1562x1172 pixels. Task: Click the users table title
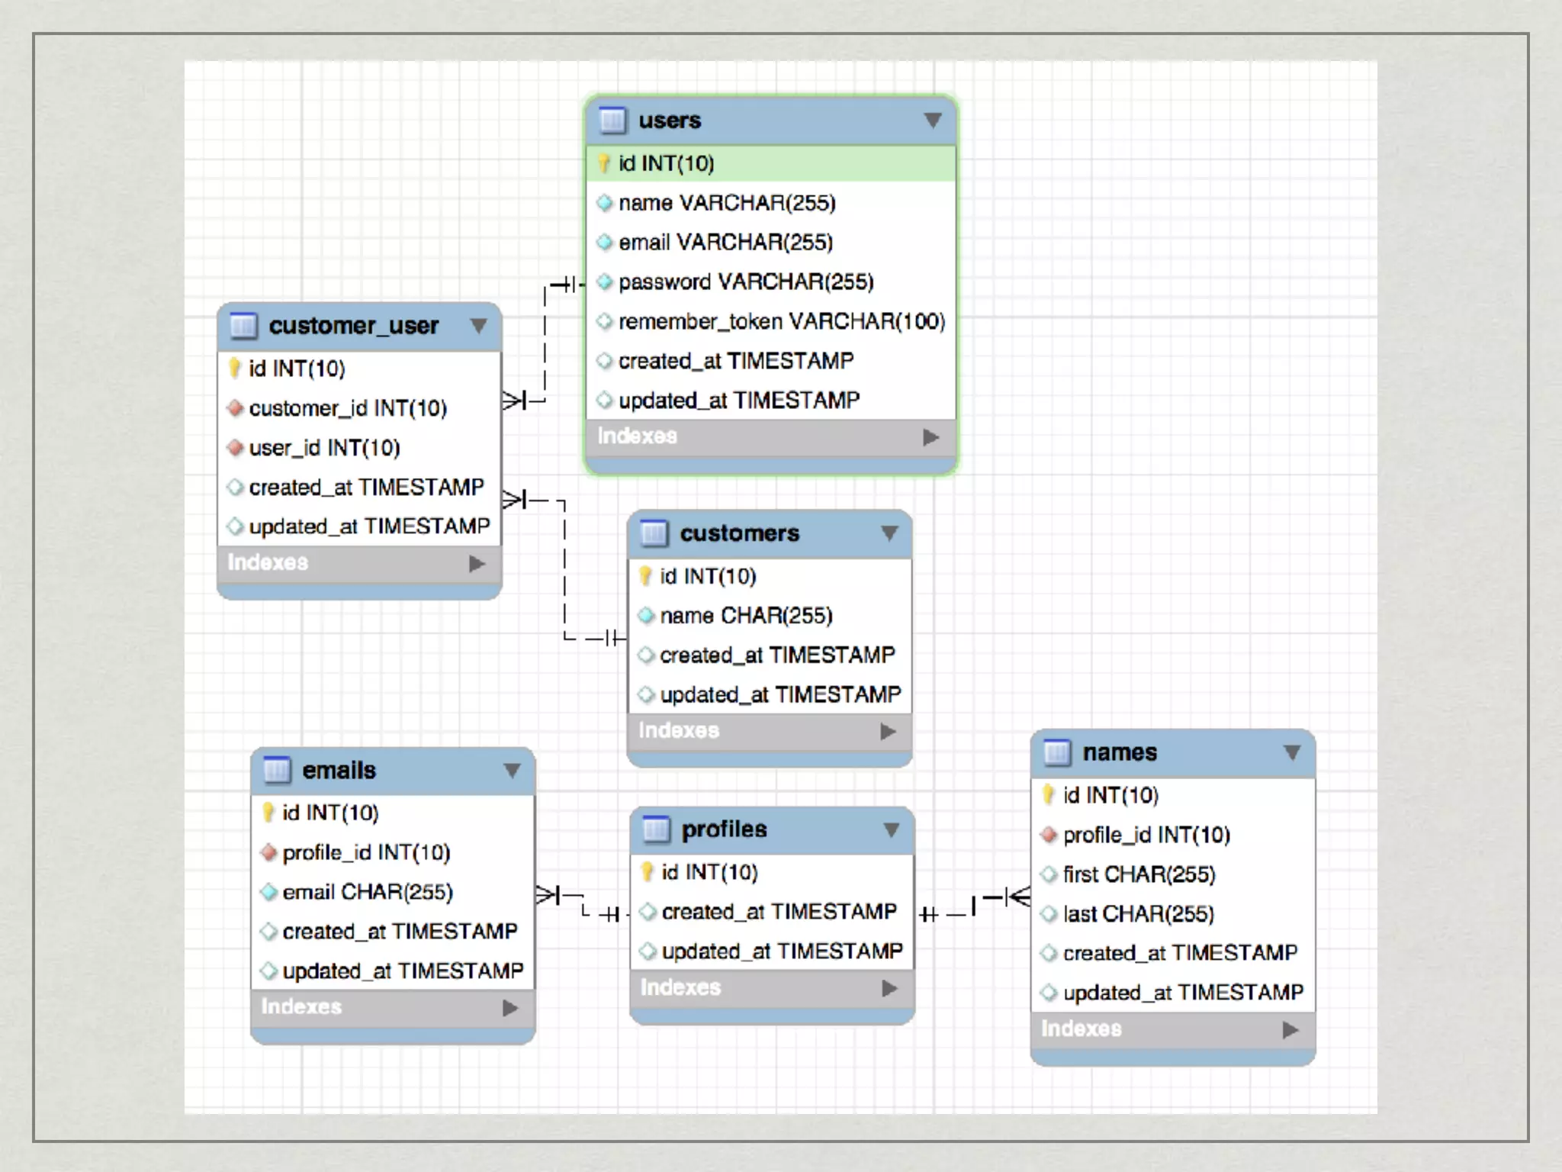[x=670, y=121]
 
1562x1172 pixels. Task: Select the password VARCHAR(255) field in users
[x=745, y=282]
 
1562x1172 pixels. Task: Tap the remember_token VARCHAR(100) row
[x=781, y=322]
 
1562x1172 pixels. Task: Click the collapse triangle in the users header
[x=932, y=121]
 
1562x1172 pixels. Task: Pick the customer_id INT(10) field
[x=348, y=409]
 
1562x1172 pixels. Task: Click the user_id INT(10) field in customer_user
[x=324, y=448]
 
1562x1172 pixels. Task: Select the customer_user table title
[x=354, y=326]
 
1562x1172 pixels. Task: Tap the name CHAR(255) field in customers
[x=746, y=616]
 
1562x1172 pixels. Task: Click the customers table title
[x=739, y=533]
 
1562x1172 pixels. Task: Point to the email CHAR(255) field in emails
[x=368, y=892]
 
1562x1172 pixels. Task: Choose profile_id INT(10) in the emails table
[x=366, y=852]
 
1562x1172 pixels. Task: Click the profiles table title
[x=724, y=829]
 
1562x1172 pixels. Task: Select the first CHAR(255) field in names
[x=1139, y=874]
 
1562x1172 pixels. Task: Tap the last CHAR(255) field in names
[x=1138, y=914]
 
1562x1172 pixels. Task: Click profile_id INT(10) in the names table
[x=1146, y=836]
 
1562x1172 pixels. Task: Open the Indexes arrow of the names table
[x=1290, y=1030]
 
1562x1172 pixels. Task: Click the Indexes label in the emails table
[x=301, y=1007]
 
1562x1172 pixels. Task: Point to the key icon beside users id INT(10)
[x=604, y=163]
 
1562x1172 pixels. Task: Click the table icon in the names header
[x=1057, y=753]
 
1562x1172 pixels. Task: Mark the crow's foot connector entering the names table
[x=1017, y=897]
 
